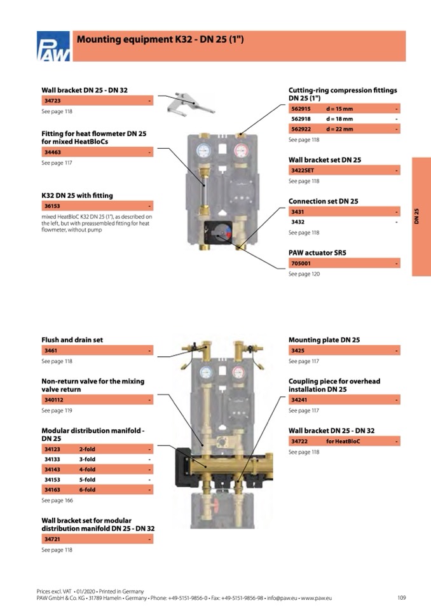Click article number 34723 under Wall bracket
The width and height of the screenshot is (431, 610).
tap(53, 101)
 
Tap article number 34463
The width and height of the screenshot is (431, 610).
tap(53, 153)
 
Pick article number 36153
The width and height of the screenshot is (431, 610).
tap(53, 206)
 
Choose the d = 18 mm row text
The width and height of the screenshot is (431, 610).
tap(339, 119)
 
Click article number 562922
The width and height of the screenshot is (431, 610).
tap(301, 129)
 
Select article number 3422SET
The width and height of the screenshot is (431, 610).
tap(303, 170)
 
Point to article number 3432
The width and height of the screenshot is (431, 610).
tap(298, 222)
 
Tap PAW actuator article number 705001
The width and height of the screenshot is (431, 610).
tap(301, 263)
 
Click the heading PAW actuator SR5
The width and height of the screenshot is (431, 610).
tap(317, 253)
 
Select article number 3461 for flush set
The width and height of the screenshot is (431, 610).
tap(50, 350)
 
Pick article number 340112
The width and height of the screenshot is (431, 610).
tap(54, 400)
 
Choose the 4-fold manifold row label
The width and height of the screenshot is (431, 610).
tap(87, 469)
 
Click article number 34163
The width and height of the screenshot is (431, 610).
tap(52, 490)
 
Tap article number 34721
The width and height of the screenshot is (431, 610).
tap(52, 539)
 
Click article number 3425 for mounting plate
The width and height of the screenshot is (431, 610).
tap(298, 350)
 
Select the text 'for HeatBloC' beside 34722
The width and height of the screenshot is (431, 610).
tap(343, 441)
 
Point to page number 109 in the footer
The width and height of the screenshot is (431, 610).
tap(401, 598)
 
